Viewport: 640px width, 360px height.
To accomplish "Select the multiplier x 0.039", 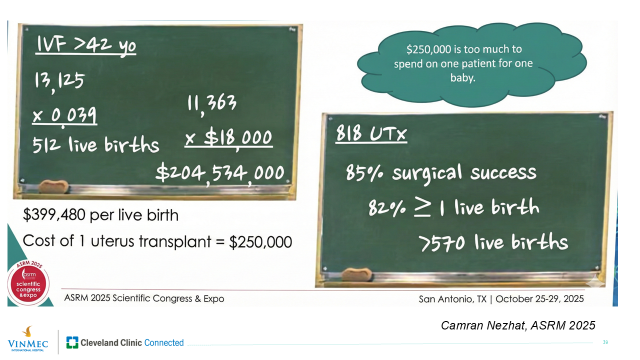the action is pos(64,116).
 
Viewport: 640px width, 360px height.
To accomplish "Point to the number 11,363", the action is pos(211,104).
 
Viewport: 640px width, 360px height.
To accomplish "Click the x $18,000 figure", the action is pos(228,138).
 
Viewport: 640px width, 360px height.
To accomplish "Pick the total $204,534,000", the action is pos(220,173).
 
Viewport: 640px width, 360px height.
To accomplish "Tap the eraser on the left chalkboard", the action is pos(53,186).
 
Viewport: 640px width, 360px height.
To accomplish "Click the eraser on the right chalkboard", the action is pos(357,275).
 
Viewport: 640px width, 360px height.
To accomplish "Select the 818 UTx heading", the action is pos(371,133).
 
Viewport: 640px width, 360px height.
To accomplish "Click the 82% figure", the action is pos(387,207).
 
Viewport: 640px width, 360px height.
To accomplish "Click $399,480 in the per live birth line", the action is pos(54,215).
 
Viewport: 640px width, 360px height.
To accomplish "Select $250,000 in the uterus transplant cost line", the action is pos(260,242).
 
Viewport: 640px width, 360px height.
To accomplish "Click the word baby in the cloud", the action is pos(463,77).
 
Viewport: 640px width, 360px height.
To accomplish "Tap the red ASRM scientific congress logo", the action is pos(28,284).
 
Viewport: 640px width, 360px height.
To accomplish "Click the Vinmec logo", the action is pos(28,339).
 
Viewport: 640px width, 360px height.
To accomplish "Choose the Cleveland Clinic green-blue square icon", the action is pos(72,342).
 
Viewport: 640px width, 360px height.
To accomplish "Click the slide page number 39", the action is pos(605,342).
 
